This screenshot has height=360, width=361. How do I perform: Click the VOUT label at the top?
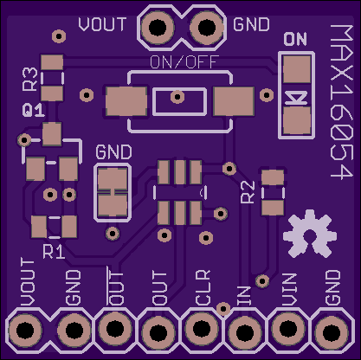click(102, 24)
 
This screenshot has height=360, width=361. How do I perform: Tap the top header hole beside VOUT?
click(158, 27)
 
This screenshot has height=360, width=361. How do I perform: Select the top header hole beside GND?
click(207, 27)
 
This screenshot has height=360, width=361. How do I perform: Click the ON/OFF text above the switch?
click(184, 62)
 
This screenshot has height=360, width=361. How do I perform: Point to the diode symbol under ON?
click(296, 99)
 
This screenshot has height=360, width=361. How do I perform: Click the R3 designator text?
click(30, 80)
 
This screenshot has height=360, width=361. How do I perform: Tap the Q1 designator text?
click(34, 111)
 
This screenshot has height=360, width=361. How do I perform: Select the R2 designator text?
click(248, 192)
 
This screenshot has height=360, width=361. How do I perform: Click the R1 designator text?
click(54, 252)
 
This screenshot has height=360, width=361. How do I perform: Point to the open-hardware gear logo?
click(310, 235)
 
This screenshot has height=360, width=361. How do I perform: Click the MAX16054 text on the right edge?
click(342, 101)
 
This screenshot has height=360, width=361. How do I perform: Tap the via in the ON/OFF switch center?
click(177, 97)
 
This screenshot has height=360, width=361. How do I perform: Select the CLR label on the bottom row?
click(203, 287)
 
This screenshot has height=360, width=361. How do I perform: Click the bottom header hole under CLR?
click(201, 328)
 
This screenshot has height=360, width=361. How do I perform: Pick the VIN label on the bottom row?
click(289, 289)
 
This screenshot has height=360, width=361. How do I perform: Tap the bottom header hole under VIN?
click(288, 328)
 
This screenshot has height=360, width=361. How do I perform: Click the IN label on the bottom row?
click(244, 296)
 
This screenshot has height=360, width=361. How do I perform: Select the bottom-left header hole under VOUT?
click(25, 330)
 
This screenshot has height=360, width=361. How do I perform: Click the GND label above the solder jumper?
click(113, 152)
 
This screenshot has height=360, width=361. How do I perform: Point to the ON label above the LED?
click(295, 39)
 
